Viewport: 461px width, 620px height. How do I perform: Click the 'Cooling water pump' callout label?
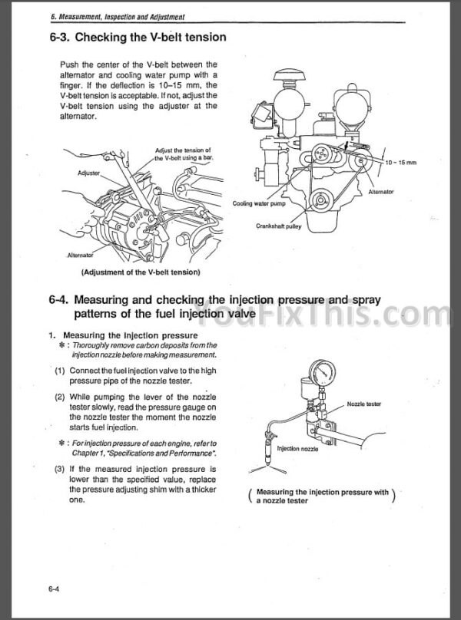[258, 204]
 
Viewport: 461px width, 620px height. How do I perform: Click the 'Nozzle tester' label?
[364, 404]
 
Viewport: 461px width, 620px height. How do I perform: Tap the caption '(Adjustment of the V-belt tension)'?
[141, 272]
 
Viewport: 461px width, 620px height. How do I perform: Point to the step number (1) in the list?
[59, 370]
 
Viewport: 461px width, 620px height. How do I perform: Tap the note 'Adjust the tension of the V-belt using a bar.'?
[184, 153]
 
